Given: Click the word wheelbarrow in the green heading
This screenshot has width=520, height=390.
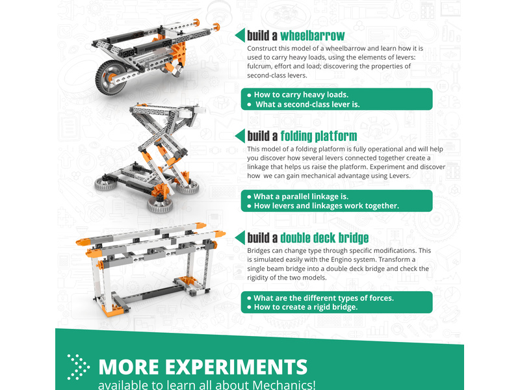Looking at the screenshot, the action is (313, 36).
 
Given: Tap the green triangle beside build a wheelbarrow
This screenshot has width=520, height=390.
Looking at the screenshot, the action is (240, 36).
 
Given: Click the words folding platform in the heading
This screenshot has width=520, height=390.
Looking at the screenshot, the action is (318, 136).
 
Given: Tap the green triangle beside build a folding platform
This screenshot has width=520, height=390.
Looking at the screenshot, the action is (240, 136).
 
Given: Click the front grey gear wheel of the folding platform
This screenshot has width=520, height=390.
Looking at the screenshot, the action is (160, 205).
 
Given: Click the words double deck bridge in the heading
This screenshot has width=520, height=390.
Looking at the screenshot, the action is (324, 238).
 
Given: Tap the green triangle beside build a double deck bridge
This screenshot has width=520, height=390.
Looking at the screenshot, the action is (240, 237).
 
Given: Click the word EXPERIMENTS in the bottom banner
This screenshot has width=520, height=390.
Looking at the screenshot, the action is (236, 367).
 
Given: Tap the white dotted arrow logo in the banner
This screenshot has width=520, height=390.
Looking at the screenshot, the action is (78, 367).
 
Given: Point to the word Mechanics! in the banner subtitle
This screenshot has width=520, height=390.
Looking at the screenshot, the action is (284, 385).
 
